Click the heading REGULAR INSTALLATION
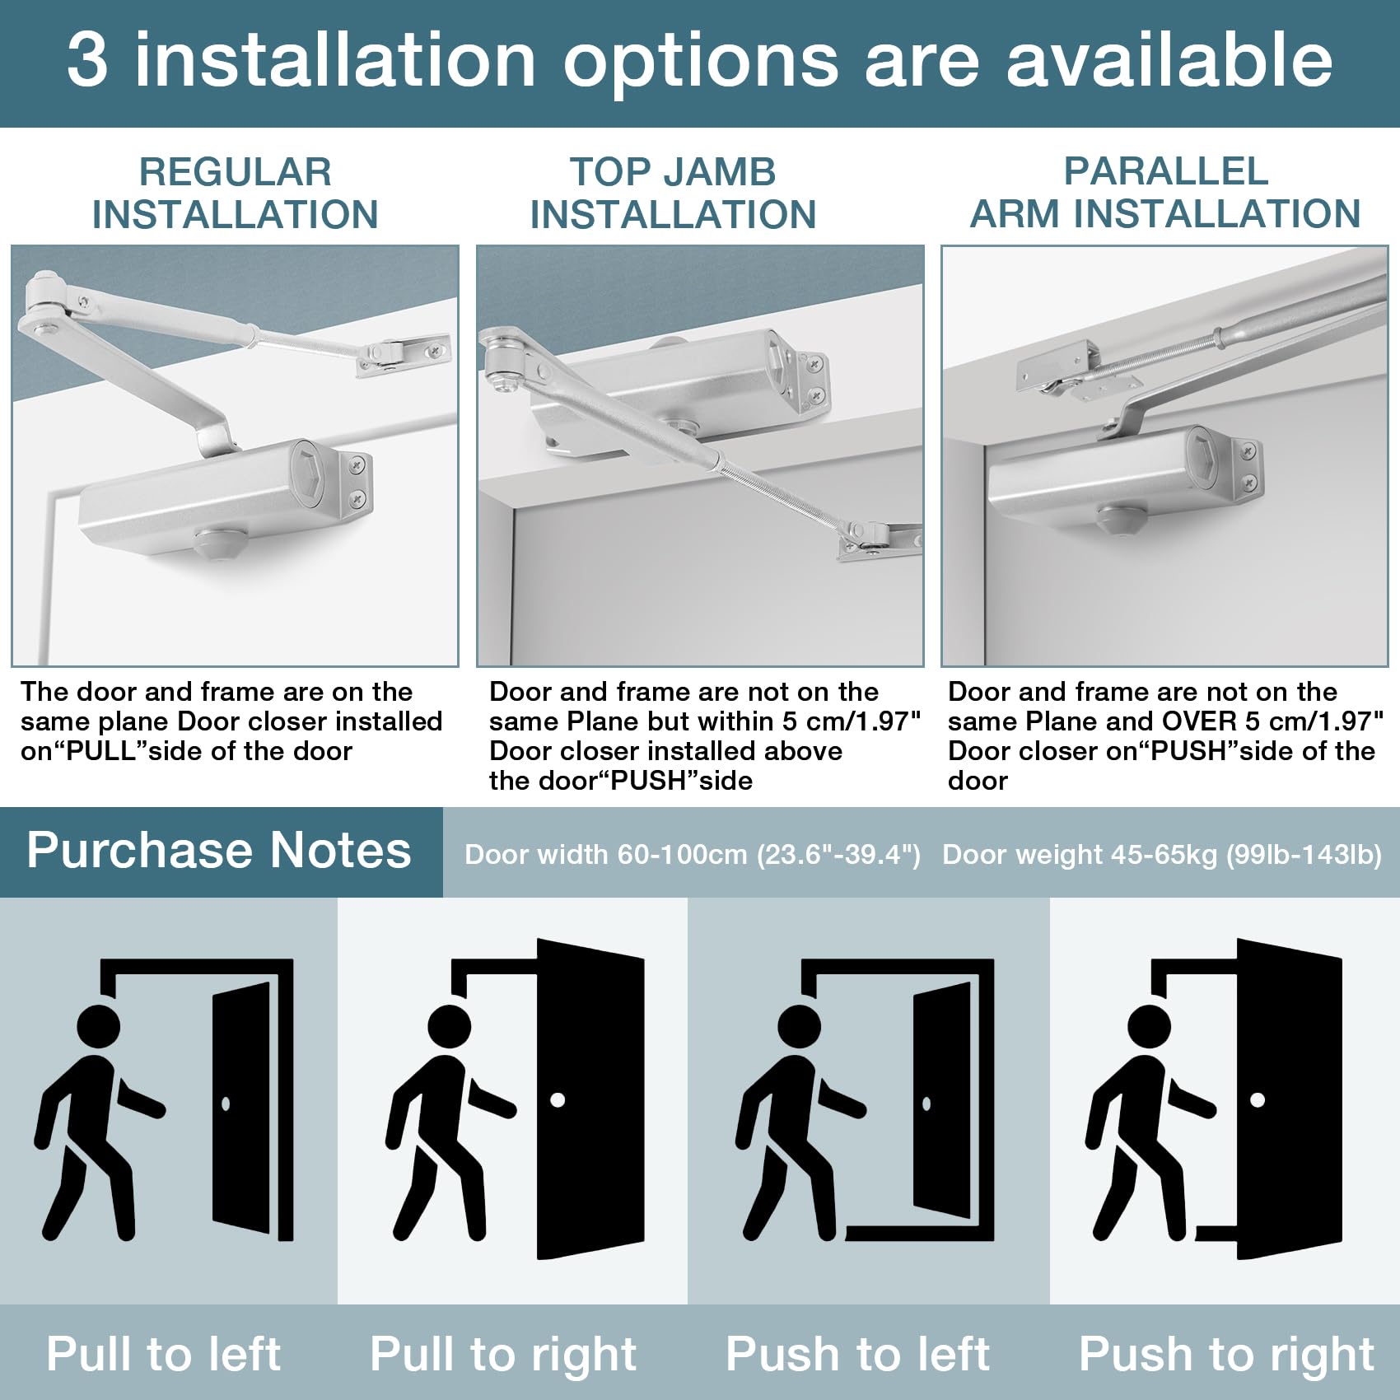pyautogui.click(x=235, y=193)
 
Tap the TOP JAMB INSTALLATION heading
pyautogui.click(x=673, y=193)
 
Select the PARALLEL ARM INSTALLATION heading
pyautogui.click(x=1165, y=192)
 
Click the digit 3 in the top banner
pyautogui.click(x=86, y=60)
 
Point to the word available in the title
pyautogui.click(x=1169, y=60)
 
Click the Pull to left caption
pyautogui.click(x=163, y=1353)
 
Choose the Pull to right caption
pyautogui.click(x=503, y=1355)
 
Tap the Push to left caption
pyautogui.click(x=857, y=1353)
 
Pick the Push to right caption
pyautogui.click(x=1226, y=1355)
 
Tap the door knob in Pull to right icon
pyautogui.click(x=558, y=1099)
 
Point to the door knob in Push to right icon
pyautogui.click(x=1258, y=1099)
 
